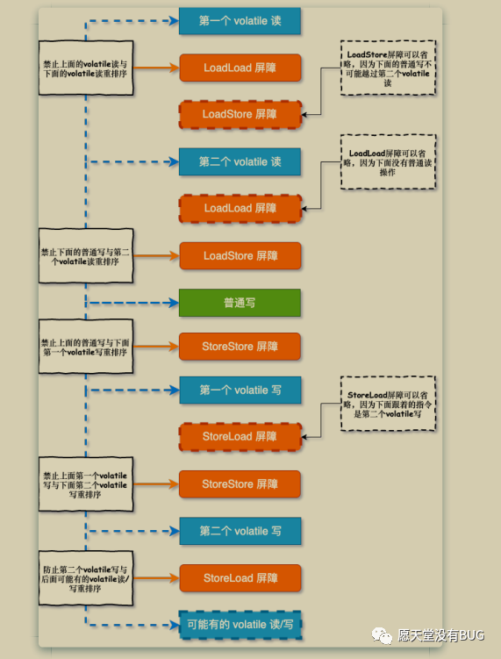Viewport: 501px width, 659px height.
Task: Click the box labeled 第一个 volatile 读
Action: click(240, 20)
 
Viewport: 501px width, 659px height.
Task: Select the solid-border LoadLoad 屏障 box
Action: click(240, 68)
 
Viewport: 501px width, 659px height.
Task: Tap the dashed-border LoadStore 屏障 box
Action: click(240, 114)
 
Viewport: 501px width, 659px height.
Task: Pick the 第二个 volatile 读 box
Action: click(240, 161)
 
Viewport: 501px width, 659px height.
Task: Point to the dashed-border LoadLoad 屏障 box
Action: click(240, 209)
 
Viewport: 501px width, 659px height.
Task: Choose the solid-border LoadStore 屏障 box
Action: click(240, 255)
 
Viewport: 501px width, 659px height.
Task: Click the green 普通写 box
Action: click(240, 303)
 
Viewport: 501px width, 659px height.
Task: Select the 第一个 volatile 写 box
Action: click(240, 390)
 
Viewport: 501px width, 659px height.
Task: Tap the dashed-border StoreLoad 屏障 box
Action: click(240, 437)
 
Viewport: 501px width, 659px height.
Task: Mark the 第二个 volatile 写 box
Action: click(240, 531)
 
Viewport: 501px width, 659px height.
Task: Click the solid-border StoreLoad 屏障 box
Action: click(240, 578)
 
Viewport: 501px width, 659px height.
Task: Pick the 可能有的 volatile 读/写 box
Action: click(240, 625)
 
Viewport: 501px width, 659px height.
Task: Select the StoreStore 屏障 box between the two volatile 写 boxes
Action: click(240, 484)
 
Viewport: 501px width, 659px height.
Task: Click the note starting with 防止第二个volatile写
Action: click(86, 578)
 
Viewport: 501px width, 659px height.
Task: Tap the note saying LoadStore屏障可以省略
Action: click(388, 68)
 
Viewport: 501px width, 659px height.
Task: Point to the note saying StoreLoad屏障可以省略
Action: click(388, 404)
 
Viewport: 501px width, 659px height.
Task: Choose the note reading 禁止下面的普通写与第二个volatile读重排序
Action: click(86, 255)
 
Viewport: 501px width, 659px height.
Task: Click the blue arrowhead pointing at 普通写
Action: click(174, 303)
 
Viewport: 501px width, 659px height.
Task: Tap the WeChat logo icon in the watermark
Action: click(382, 635)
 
